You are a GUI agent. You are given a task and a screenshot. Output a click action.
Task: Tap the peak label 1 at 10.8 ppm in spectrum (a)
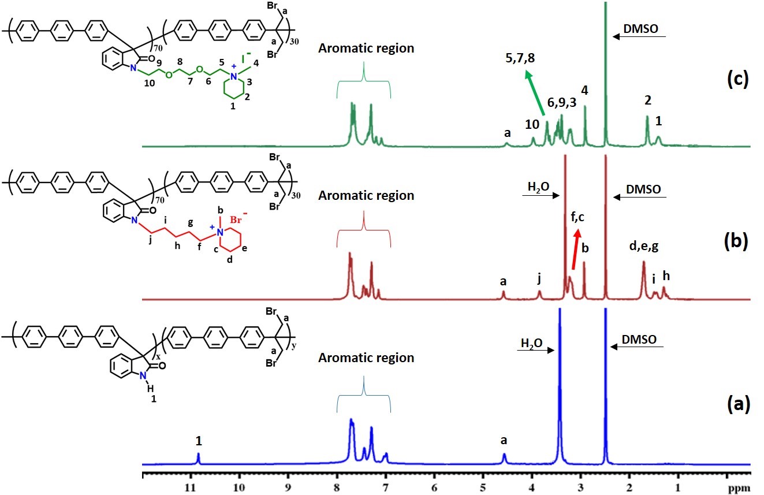tap(199, 441)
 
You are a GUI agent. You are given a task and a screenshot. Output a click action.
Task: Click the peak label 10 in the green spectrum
tap(532, 124)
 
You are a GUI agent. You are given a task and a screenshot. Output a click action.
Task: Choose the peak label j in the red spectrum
tap(539, 280)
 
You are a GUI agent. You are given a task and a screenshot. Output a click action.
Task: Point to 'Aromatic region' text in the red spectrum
tap(366, 196)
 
